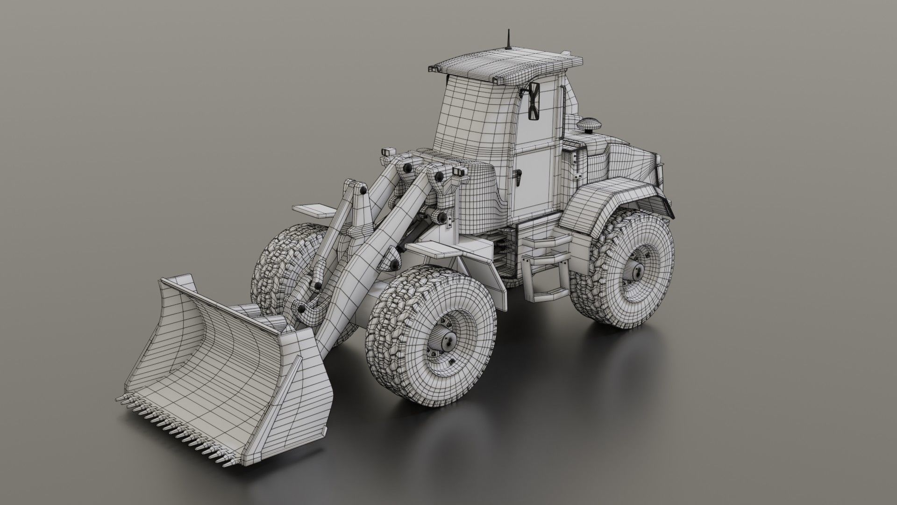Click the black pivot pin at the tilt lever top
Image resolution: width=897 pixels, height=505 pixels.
[362, 191]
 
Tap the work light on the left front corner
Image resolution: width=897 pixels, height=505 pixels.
[386, 153]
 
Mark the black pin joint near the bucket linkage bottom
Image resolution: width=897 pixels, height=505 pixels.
[302, 309]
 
